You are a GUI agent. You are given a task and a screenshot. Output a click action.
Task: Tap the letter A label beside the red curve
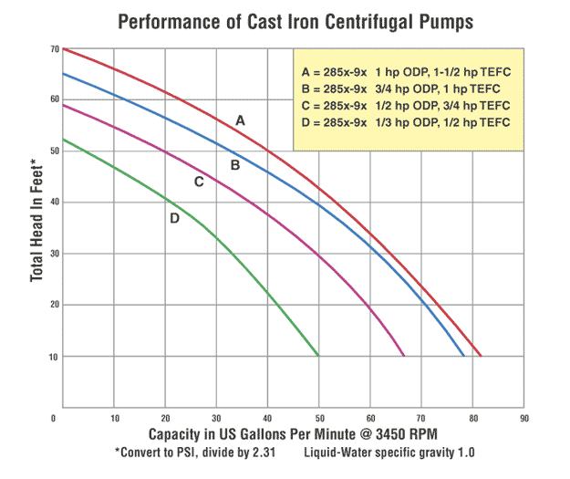pyautogui.click(x=241, y=120)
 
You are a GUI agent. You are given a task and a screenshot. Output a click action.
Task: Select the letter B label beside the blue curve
pyautogui.click(x=234, y=165)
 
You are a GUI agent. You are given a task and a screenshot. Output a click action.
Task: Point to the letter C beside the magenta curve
pyautogui.click(x=199, y=182)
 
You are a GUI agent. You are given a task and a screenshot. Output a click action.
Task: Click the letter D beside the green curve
pyautogui.click(x=174, y=217)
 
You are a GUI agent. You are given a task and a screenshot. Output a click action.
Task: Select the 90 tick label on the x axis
pyautogui.click(x=523, y=419)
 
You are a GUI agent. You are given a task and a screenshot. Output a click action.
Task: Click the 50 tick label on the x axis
pyautogui.click(x=318, y=419)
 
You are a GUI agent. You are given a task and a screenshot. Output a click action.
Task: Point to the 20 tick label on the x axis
pyautogui.click(x=165, y=419)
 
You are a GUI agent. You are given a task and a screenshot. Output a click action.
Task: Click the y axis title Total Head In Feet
pyautogui.click(x=35, y=219)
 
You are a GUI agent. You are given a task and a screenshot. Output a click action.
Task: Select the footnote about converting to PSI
pyautogui.click(x=190, y=452)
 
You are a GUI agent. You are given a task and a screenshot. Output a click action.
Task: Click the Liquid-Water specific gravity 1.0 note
pyautogui.click(x=390, y=452)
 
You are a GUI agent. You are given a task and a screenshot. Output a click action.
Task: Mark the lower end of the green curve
pyautogui.click(x=318, y=355)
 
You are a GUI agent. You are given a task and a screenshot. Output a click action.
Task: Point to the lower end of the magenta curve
pyautogui.click(x=404, y=355)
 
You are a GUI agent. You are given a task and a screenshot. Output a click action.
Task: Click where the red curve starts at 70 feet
pyautogui.click(x=64, y=48)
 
